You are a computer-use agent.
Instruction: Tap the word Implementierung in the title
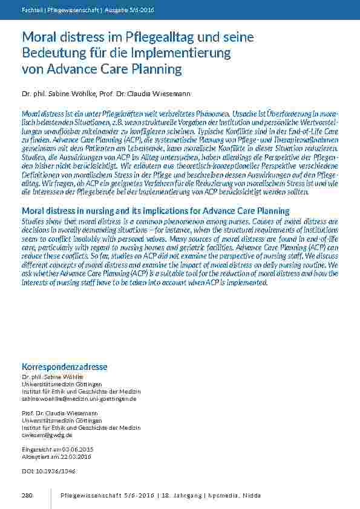180,53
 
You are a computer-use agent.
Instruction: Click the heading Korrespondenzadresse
64,367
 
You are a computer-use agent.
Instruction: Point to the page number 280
27,496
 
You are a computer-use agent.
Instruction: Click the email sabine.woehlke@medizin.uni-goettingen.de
79,399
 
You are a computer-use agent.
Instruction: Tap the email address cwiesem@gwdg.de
47,435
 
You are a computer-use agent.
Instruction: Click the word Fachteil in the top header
31,10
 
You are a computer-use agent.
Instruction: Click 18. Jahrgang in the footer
182,496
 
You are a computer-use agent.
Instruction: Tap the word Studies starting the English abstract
33,221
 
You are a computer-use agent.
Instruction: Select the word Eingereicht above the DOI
38,449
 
